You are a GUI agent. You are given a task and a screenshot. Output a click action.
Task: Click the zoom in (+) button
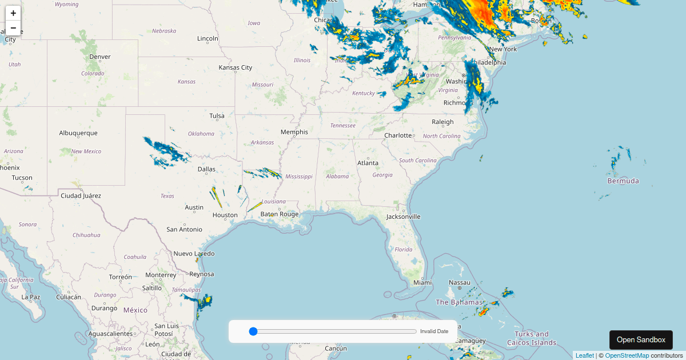[13, 13]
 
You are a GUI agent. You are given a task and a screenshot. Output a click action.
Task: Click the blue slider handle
[254, 331]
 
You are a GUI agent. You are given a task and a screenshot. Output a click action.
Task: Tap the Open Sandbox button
[641, 340]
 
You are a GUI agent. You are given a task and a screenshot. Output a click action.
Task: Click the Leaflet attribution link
[584, 355]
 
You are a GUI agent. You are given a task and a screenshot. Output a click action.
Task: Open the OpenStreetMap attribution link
[627, 355]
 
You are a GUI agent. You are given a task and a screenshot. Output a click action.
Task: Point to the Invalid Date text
[434, 331]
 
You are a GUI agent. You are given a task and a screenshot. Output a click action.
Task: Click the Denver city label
[100, 57]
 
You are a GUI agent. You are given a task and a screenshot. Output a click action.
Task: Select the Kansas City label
[235, 67]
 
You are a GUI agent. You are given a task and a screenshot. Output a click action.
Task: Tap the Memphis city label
[294, 132]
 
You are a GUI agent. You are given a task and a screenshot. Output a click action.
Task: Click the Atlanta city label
[368, 163]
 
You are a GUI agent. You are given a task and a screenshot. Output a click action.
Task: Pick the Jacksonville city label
[403, 217]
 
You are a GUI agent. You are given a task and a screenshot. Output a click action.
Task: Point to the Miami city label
[422, 282]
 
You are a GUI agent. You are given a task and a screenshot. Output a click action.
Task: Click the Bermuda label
[623, 181]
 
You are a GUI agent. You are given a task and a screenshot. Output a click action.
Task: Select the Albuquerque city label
[78, 133]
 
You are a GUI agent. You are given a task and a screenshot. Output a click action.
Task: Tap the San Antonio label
[184, 229]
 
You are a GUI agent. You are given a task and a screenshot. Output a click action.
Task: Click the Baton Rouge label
[280, 214]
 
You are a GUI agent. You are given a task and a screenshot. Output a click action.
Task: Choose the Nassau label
[459, 282]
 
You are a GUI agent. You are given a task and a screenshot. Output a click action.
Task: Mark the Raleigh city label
[442, 122]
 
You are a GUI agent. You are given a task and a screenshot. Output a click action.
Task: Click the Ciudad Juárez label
[81, 195]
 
